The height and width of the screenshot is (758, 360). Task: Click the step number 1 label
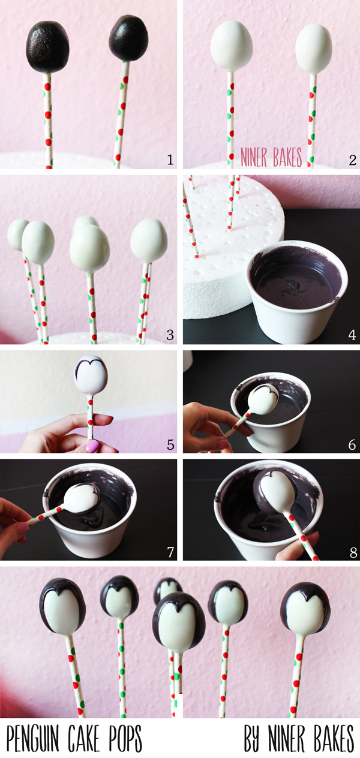pyautogui.click(x=170, y=160)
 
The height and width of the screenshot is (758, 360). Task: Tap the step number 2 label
pyautogui.click(x=352, y=160)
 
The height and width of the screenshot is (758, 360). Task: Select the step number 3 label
pyautogui.click(x=170, y=335)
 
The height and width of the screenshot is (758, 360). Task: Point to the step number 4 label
pyautogui.click(x=352, y=335)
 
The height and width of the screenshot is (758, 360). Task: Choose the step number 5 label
pyautogui.click(x=170, y=444)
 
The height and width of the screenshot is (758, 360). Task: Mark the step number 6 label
pyautogui.click(x=352, y=444)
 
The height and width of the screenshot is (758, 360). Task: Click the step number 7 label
pyautogui.click(x=170, y=552)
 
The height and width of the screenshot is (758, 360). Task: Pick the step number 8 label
pyautogui.click(x=353, y=552)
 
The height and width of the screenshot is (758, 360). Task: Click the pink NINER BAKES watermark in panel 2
pyautogui.click(x=271, y=157)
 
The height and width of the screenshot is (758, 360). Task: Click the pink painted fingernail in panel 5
pyautogui.click(x=92, y=446)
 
